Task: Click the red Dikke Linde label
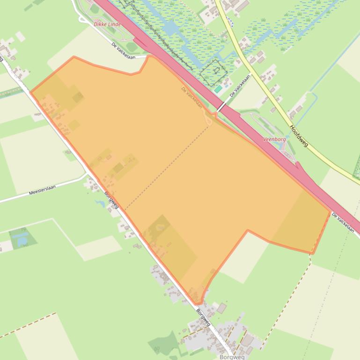[x=107, y=24]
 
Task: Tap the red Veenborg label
[x=274, y=139]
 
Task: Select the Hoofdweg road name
[x=299, y=136]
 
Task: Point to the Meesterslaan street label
[x=42, y=190]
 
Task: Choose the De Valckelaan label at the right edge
[x=343, y=223]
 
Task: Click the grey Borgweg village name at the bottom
[x=232, y=357]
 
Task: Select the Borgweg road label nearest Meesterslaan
[x=111, y=200]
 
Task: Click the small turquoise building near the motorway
[x=218, y=89]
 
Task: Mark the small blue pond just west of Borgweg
[x=100, y=203]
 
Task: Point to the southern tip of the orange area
[x=198, y=303]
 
